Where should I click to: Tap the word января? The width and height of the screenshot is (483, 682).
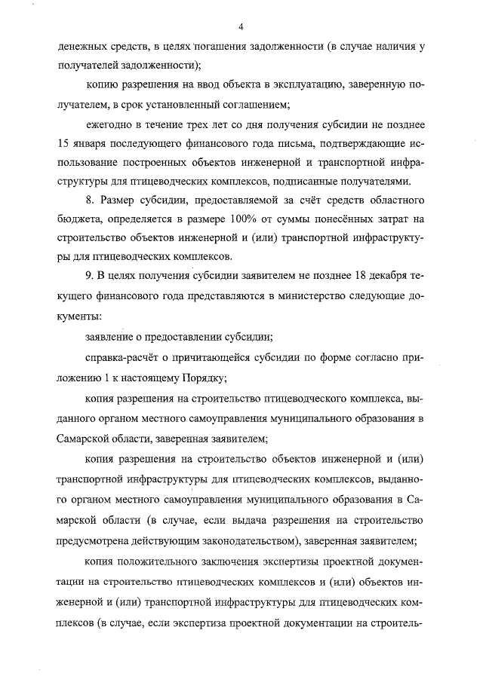94,143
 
